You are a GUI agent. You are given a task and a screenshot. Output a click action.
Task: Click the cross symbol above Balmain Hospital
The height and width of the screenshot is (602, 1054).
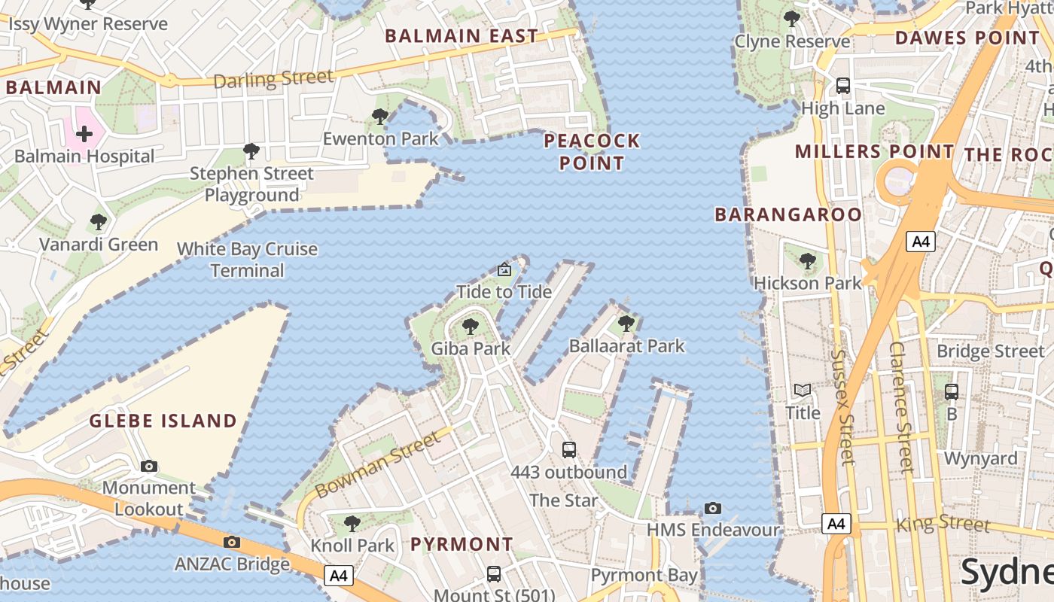[84, 135]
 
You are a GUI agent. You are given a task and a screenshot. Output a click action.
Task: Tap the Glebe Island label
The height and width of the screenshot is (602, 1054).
[163, 421]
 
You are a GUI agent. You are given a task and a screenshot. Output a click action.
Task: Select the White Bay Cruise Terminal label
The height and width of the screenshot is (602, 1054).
[247, 260]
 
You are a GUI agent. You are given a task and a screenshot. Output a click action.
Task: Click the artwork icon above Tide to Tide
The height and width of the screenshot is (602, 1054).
[504, 269]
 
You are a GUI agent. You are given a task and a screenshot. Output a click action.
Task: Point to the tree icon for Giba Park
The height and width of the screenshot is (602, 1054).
[471, 326]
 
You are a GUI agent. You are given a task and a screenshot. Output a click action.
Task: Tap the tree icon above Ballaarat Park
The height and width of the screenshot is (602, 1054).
[626, 324]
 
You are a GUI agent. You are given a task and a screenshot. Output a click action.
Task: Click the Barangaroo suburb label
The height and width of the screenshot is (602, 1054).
[787, 214]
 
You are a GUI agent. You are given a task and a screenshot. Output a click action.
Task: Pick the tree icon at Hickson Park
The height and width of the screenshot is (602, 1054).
[808, 261]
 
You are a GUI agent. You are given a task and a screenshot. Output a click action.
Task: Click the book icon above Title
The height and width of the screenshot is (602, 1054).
[803, 390]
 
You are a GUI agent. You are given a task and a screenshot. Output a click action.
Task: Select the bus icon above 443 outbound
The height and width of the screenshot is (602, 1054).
[569, 449]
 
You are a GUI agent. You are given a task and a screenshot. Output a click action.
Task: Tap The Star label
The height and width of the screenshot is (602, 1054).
[563, 500]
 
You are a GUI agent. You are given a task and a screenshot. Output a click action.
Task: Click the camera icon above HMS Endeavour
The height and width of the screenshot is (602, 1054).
[713, 508]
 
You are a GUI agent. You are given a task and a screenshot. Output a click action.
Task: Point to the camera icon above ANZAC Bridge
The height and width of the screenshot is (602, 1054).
[232, 542]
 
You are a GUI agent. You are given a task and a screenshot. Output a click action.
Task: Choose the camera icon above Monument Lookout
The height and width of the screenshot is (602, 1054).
[149, 466]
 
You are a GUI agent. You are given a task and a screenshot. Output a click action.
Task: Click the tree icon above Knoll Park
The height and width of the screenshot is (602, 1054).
[352, 523]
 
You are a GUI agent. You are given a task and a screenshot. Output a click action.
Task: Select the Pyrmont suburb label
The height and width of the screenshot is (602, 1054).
[462, 544]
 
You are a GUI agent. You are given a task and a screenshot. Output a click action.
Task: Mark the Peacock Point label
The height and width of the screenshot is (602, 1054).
[592, 152]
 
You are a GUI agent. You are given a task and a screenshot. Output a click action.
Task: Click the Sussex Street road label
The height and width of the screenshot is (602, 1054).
[842, 406]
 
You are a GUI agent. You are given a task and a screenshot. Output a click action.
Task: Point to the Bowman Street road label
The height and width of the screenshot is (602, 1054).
[377, 464]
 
